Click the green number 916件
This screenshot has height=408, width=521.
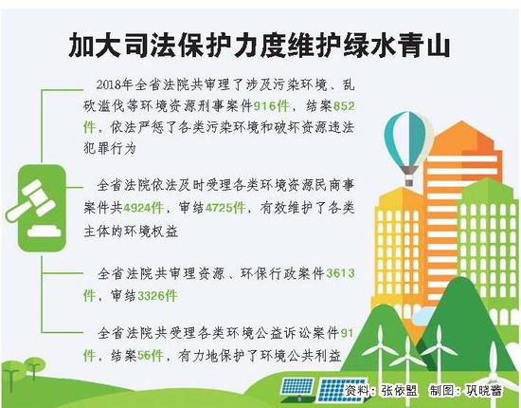(271, 106)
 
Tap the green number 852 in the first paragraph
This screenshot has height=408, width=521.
(344, 106)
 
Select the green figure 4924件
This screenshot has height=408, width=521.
(143, 208)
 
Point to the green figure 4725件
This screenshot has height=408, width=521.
(225, 208)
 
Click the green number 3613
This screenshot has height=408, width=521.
(341, 273)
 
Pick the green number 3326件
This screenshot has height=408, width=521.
(157, 296)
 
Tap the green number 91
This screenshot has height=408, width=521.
(348, 333)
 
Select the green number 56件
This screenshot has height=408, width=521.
(151, 356)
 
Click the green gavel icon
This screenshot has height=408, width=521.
(41, 208)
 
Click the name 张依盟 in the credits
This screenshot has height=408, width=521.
(399, 390)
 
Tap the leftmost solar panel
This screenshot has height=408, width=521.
(296, 389)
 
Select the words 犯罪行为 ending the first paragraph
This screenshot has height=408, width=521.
(110, 148)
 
